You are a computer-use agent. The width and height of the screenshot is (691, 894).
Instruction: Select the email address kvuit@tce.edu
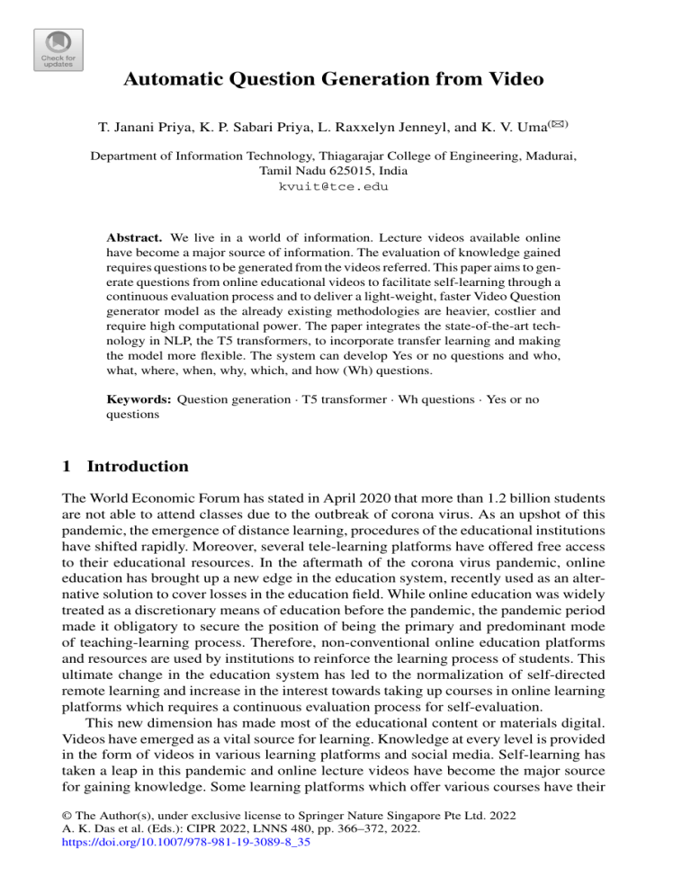pyautogui.click(x=345, y=186)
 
